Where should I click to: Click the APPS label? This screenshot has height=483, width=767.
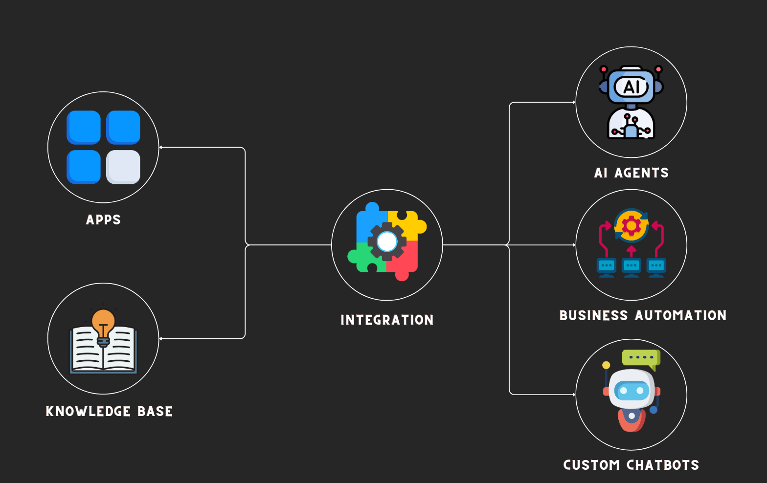pyautogui.click(x=103, y=220)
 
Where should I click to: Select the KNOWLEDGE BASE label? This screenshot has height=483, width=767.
pyautogui.click(x=109, y=412)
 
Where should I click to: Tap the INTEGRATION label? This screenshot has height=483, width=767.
pyautogui.click(x=387, y=320)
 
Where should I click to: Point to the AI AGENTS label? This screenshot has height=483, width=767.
pyautogui.click(x=631, y=173)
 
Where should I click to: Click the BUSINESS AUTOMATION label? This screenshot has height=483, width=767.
pyautogui.click(x=643, y=316)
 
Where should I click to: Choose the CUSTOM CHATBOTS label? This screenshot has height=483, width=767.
pyautogui.click(x=631, y=465)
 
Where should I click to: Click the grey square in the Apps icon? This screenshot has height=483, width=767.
pyautogui.click(x=123, y=167)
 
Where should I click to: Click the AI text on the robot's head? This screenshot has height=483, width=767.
pyautogui.click(x=631, y=88)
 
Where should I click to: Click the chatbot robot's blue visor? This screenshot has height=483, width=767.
pyautogui.click(x=631, y=391)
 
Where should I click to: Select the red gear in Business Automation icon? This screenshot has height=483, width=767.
pyautogui.click(x=631, y=226)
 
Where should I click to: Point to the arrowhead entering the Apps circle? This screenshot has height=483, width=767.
pyautogui.click(x=161, y=147)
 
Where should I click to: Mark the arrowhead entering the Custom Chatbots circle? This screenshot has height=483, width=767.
pyautogui.click(x=574, y=395)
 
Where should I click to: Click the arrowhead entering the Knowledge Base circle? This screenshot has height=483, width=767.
pyautogui.click(x=161, y=338)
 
